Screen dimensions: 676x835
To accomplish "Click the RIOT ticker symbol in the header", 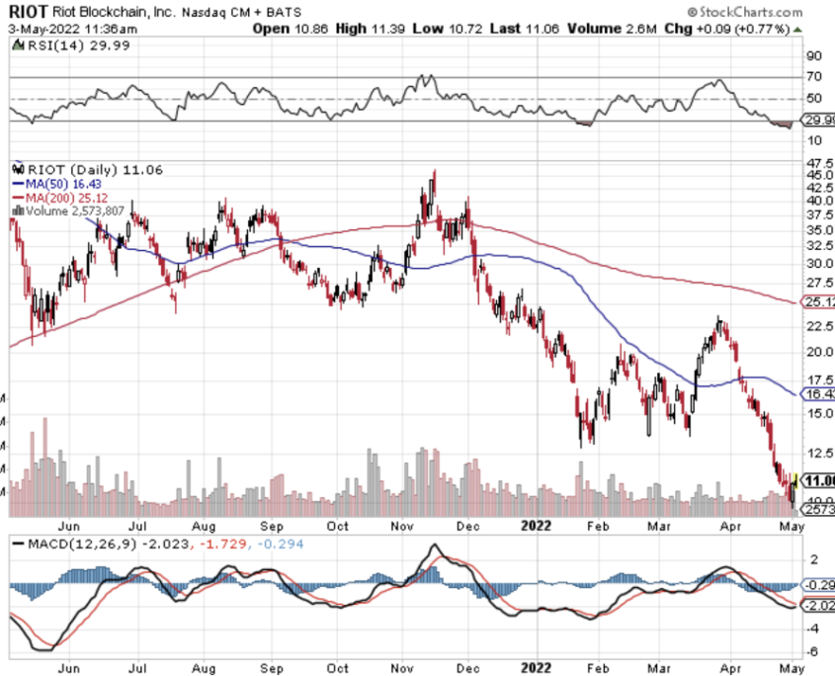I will tap(28, 12).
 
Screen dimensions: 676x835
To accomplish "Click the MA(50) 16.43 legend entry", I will tap(59, 184).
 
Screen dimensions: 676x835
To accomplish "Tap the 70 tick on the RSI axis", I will tap(815, 76).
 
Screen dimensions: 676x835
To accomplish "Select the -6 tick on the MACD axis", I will tap(813, 651).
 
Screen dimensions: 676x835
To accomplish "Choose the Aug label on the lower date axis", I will tap(204, 667).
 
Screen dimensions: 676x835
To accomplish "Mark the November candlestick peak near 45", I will tap(434, 172).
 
